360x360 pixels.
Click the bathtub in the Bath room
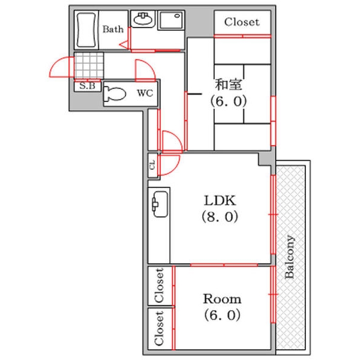coord(86,30)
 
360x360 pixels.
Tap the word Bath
coord(113,29)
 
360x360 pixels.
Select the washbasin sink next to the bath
coord(143,19)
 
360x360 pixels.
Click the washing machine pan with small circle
coord(171,20)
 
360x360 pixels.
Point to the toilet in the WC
coord(115,94)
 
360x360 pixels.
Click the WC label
coord(145,93)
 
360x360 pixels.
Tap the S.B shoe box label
coord(87,86)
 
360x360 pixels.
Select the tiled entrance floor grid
coord(89,65)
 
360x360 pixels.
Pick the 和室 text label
coord(229,84)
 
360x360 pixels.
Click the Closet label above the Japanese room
coord(242,22)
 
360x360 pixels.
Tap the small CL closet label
coord(152,164)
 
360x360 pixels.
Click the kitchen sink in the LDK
coord(160,204)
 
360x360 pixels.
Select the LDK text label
coord(220,200)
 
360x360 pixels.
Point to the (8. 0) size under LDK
coord(220,217)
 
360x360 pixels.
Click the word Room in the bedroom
coord(222,299)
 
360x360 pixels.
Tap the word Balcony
coord(289,257)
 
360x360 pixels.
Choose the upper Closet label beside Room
coord(160,286)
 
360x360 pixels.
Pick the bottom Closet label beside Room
coord(160,328)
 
